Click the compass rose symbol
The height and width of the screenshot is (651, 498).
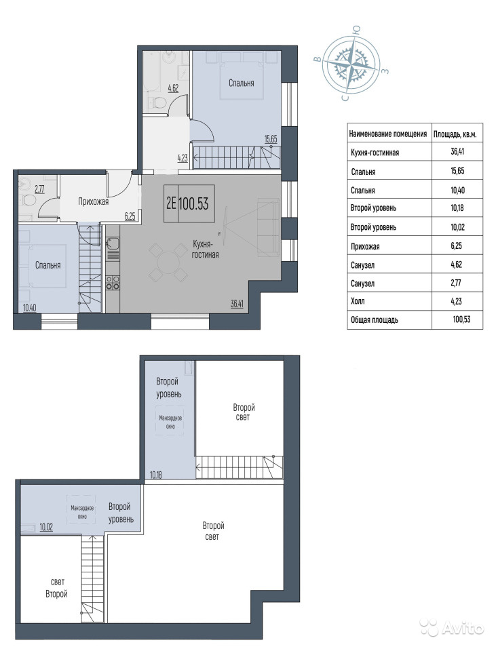pos(351,65)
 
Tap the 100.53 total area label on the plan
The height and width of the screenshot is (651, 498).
pos(193,204)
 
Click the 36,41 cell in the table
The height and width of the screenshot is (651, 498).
pos(457,151)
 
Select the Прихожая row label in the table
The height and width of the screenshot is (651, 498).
pos(365,246)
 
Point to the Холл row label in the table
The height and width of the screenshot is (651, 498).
pos(358,301)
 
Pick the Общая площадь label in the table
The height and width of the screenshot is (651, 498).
pos(375,319)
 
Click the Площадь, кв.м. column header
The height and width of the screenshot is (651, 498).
pos(455,134)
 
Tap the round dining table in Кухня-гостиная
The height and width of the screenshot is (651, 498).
pos(168,262)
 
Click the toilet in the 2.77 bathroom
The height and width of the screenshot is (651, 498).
pos(30,201)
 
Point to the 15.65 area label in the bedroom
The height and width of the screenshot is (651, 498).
pos(271,138)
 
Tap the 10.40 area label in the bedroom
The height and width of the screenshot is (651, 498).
pos(29,308)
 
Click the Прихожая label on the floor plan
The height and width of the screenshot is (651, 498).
pos(94,202)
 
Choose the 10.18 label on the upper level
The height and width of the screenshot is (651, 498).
pos(156,475)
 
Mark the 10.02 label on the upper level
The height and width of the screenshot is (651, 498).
pos(46,528)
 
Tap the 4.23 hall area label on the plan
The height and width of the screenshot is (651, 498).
pos(183,158)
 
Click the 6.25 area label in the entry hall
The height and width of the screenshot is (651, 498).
pos(130,216)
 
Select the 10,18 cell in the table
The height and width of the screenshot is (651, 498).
pos(457,208)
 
